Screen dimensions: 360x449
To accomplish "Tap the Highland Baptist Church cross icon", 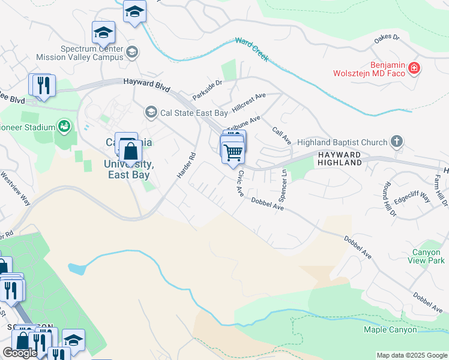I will coord(396,142).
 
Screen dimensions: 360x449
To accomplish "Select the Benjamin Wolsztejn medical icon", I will coord(414,69).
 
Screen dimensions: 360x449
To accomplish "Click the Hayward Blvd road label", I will coord(146,85).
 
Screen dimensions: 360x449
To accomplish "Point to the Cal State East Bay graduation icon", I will coord(151,112).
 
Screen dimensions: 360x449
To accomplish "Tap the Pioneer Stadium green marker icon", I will coord(63,126).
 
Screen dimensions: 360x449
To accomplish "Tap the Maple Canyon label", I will coord(390,329).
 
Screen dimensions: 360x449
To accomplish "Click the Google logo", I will coord(20,353).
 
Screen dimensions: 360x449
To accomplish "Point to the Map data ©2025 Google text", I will coord(411,355).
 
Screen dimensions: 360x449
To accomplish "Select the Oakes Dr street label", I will coord(387,38).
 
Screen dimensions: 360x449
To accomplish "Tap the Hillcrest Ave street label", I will coord(249,100).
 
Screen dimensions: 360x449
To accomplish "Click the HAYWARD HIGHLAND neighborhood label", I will coord(339,159).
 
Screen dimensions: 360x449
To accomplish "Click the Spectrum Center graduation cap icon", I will coord(132,53).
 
